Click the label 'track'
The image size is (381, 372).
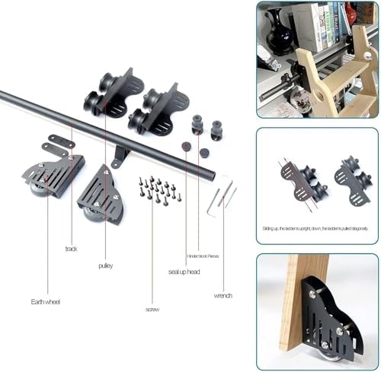pos(71,249)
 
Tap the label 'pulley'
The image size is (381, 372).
pos(105,265)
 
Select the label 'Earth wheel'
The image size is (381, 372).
pos(46,302)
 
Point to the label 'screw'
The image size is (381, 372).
pos(152,310)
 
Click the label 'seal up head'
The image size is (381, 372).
pos(184,272)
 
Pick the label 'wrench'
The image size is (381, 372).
pos(223,295)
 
